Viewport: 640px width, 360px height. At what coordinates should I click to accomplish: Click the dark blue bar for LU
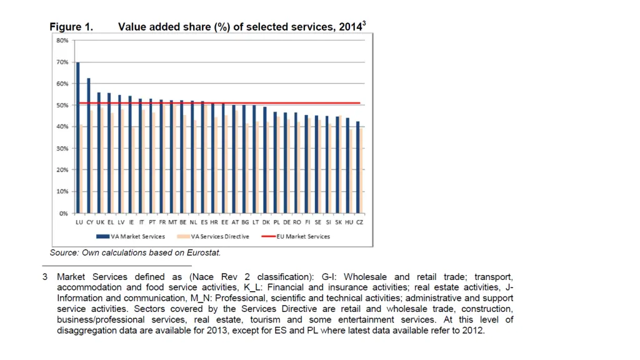pos(78,137)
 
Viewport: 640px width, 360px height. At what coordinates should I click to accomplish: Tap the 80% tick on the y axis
pos(62,41)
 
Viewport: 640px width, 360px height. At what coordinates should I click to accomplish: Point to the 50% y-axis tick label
pos(62,106)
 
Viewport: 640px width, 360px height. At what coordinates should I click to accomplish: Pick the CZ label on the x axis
pos(359,222)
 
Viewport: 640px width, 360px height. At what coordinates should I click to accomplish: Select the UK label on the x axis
pos(100,222)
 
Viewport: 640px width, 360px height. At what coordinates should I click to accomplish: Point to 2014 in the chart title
pos(349,27)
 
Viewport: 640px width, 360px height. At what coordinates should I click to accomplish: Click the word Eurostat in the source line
pos(204,253)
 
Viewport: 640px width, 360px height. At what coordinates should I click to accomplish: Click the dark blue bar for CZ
pos(357,167)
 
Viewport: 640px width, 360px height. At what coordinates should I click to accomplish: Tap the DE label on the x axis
pos(287,222)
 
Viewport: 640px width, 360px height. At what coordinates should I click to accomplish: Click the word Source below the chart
pos(64,253)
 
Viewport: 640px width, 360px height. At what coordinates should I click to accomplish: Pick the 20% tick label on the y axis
pos(62,171)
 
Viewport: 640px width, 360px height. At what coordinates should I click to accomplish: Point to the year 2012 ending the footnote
pos(472,331)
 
